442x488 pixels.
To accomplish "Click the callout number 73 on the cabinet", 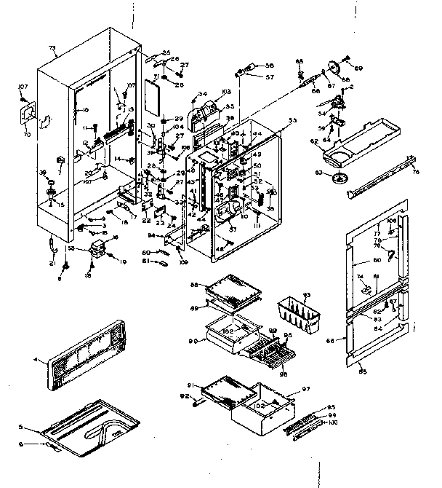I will (52, 47).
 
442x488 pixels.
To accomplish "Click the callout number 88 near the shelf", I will (194, 285).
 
